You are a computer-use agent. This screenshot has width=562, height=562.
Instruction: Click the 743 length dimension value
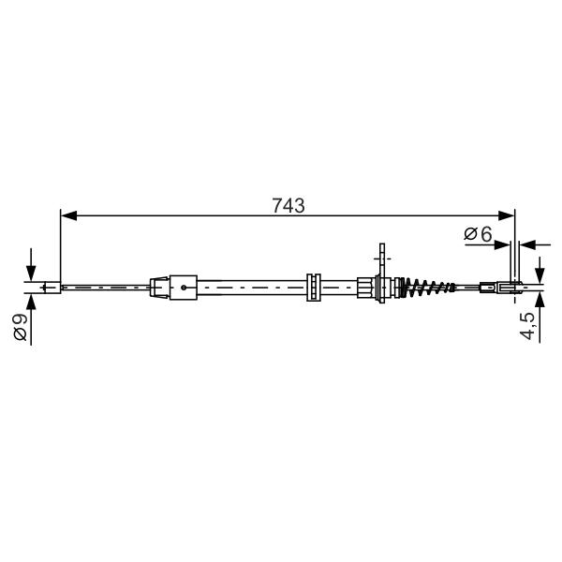coord(288,206)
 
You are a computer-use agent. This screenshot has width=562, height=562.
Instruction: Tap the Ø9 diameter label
coord(20,327)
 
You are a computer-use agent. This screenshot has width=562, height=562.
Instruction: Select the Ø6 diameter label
coord(478,234)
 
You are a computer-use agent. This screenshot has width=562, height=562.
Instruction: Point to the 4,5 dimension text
coord(527,325)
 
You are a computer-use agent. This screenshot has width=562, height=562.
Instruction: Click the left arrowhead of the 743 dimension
coord(68,215)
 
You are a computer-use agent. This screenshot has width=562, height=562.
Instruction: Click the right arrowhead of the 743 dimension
coord(507,215)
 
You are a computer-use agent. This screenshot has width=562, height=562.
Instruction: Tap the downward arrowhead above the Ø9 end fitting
coord(31,274)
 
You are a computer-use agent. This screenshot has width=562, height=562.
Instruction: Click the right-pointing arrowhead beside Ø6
coord(501,244)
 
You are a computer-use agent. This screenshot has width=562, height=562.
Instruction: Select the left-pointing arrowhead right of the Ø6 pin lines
coord(527,244)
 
